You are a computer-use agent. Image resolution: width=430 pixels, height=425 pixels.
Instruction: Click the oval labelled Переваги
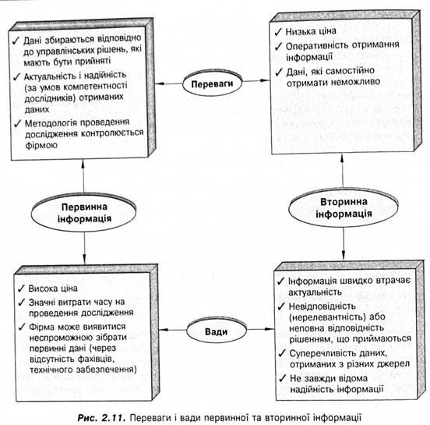(212, 83)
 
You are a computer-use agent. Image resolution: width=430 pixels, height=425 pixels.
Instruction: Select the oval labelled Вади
(217, 331)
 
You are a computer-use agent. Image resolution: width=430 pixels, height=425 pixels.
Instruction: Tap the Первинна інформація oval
(83, 212)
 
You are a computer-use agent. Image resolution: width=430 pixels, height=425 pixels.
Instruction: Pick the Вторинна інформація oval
(344, 208)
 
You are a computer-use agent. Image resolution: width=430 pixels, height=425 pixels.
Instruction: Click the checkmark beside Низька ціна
(278, 32)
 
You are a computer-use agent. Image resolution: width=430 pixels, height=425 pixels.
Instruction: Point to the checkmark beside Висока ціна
(21, 289)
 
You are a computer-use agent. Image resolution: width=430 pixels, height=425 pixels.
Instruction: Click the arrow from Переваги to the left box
(169, 83)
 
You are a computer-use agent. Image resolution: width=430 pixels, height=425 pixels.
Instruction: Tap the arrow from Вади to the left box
(173, 329)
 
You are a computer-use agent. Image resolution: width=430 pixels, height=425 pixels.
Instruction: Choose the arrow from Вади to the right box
(260, 329)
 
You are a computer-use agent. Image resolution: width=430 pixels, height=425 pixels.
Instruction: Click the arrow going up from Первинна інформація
(83, 176)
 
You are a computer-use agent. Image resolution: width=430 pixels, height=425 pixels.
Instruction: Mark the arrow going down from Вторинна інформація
(344, 243)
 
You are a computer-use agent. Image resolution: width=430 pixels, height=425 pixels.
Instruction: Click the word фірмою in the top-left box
(41, 145)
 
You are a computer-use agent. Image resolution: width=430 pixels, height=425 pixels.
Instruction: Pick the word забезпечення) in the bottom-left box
(107, 370)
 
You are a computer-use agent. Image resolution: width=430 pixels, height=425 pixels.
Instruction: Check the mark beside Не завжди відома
(283, 378)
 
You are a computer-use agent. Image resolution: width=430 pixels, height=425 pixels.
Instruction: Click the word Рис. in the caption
(87, 417)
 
